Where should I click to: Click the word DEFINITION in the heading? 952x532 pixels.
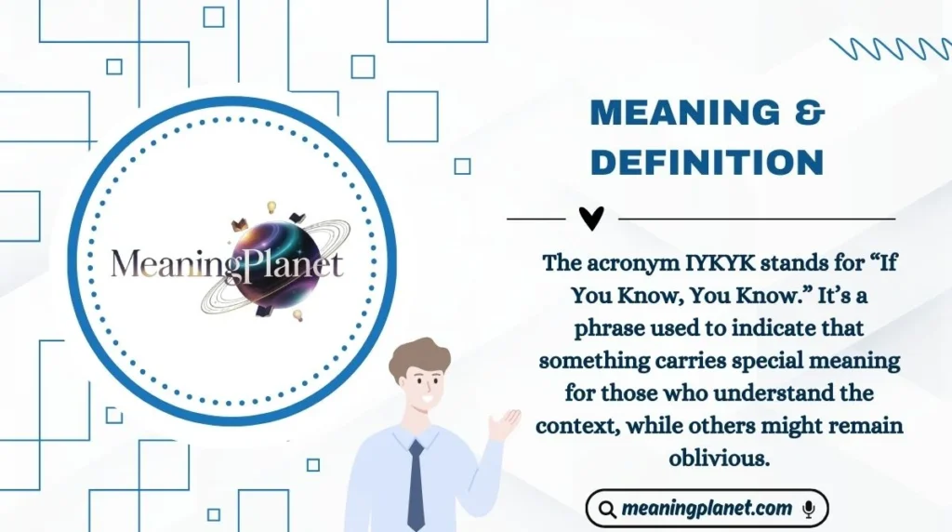pos(707,161)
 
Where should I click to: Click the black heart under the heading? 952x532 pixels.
pos(591,219)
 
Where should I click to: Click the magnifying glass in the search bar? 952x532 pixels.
pos(607,510)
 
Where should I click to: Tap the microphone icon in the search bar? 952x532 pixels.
pos(809,509)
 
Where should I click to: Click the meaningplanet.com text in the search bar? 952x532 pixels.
pos(707,509)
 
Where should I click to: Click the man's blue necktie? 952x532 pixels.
pos(416,485)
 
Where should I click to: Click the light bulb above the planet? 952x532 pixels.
pos(272,206)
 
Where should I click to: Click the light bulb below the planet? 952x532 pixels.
pos(297,315)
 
